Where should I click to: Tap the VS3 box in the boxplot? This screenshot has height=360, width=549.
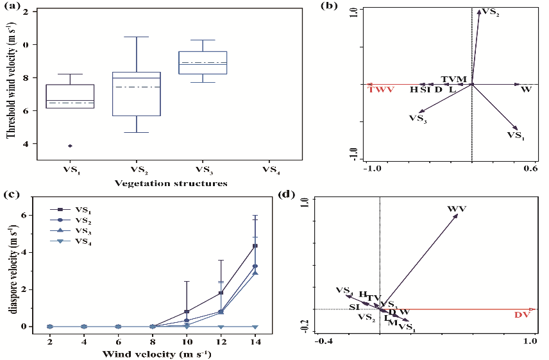click(203, 62)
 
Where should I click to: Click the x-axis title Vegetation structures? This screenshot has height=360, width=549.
click(171, 183)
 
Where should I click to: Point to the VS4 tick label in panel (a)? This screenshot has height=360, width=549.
click(271, 170)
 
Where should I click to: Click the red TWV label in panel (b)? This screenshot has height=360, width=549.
click(380, 90)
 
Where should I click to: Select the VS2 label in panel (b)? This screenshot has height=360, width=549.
click(491, 12)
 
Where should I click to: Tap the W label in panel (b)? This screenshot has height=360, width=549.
click(526, 89)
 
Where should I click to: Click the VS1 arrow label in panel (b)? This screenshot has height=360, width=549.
click(515, 135)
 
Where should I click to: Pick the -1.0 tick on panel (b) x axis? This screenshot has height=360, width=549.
click(373, 168)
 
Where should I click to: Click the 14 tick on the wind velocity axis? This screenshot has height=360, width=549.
click(255, 338)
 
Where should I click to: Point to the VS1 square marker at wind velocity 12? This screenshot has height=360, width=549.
click(221, 293)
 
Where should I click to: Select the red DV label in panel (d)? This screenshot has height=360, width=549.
click(523, 314)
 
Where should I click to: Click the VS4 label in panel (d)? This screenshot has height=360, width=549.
click(344, 290)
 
